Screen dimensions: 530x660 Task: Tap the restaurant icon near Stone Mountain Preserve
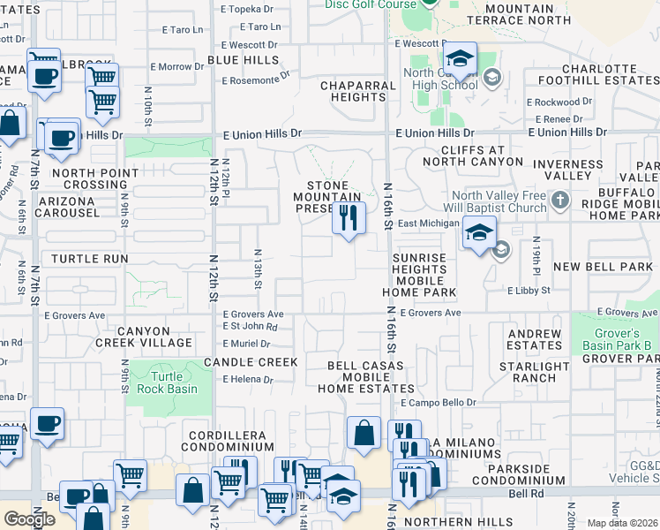(x=349, y=216)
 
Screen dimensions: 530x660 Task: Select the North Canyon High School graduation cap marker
(x=458, y=61)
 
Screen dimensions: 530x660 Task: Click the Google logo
(x=29, y=519)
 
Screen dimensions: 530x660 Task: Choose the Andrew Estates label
(x=534, y=340)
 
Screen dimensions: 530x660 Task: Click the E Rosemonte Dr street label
(x=256, y=79)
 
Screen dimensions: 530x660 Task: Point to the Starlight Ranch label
(x=534, y=372)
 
